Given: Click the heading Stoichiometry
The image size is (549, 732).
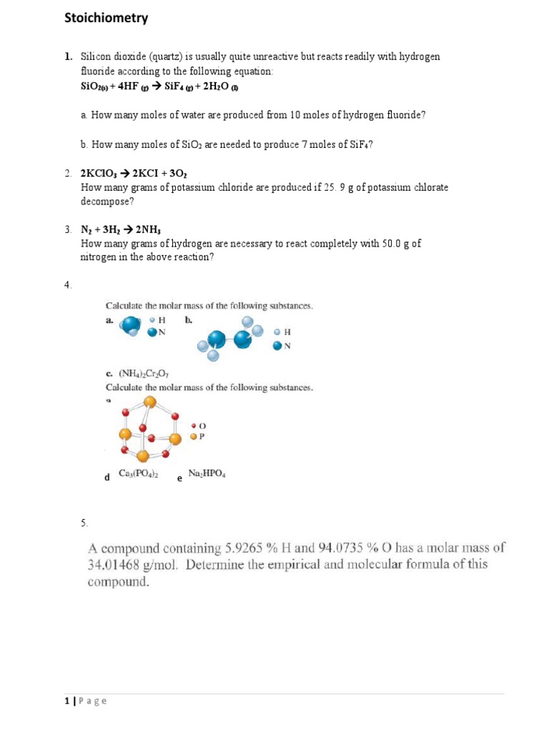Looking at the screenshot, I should [107, 19].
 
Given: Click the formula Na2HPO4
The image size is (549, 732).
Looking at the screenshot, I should [207, 473].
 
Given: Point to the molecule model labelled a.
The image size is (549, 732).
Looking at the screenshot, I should [131, 326].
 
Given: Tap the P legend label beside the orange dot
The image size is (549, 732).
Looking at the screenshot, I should [202, 436].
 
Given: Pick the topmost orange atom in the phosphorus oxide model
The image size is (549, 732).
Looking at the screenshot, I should [149, 402].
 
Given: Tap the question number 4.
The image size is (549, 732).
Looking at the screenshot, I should [67, 285].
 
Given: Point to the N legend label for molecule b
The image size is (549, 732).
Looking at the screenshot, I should [288, 347].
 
